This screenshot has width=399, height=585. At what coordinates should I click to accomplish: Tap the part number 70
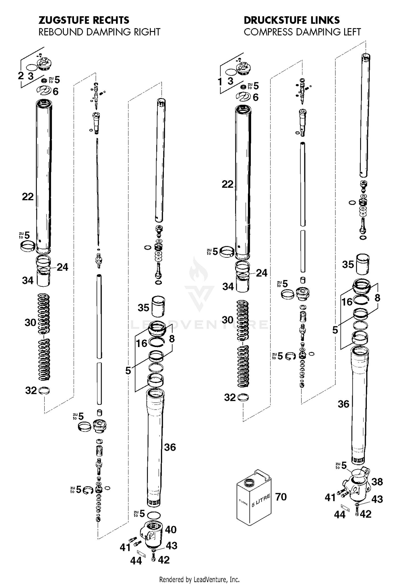[281, 497]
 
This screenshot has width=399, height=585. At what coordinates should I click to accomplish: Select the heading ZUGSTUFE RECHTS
[84, 20]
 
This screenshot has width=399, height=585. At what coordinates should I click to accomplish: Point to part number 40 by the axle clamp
[171, 530]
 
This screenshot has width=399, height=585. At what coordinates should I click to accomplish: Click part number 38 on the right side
[377, 481]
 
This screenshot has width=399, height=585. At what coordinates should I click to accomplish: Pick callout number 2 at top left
[21, 76]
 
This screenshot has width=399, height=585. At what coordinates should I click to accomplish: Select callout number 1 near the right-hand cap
[220, 82]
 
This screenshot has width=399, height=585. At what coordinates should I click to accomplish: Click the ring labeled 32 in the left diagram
[44, 391]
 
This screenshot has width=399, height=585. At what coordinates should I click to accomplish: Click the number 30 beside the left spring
[30, 323]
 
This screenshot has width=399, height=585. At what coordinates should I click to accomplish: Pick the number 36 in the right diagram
[343, 404]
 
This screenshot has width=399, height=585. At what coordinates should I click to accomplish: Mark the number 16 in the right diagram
[347, 302]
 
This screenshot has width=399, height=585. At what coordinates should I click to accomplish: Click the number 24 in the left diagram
[63, 267]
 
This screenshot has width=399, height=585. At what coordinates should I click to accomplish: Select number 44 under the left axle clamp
[136, 561]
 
